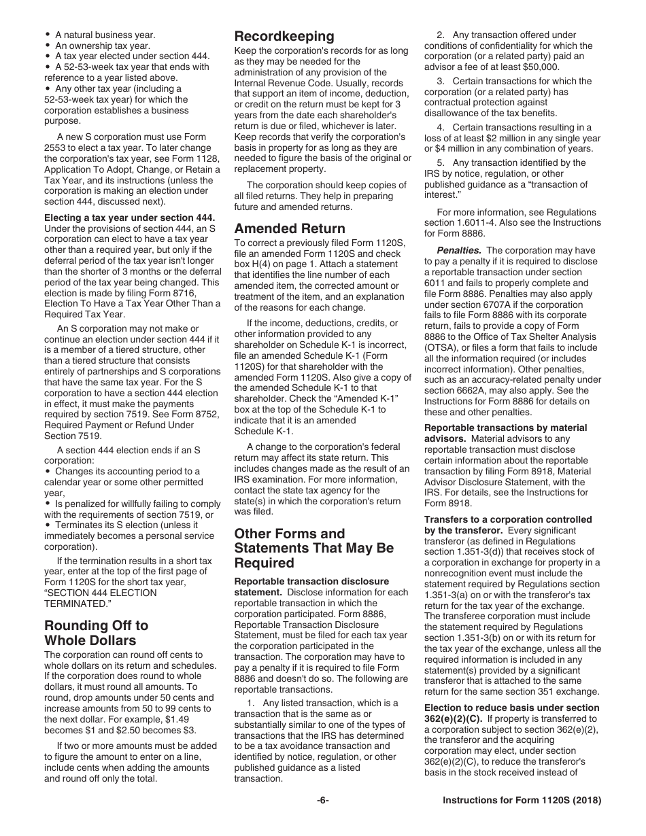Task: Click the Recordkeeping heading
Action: click(284, 36)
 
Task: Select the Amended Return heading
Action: click(290, 228)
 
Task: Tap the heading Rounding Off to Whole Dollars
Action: click(96, 632)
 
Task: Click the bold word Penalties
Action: click(458, 250)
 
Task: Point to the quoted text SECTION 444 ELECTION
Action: click(101, 593)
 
